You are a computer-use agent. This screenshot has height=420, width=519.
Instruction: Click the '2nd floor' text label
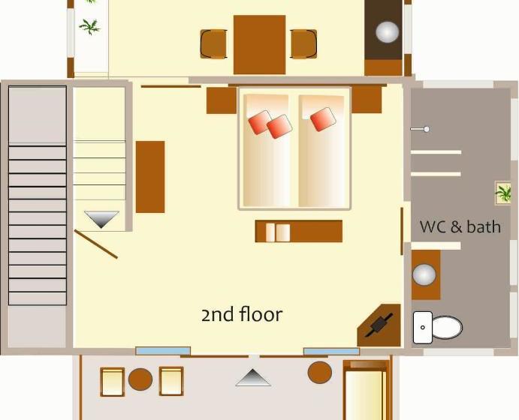click(242, 314)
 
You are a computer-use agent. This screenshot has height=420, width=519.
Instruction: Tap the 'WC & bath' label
click(460, 227)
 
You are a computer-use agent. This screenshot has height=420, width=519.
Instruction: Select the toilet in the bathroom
click(438, 328)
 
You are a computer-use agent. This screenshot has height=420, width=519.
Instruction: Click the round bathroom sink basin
click(424, 274)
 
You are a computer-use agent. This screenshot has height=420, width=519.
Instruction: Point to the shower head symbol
click(420, 129)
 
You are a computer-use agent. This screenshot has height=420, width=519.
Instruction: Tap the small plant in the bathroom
click(502, 193)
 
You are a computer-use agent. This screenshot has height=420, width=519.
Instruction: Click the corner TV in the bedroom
click(379, 325)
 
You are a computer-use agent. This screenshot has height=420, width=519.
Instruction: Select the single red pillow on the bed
click(323, 119)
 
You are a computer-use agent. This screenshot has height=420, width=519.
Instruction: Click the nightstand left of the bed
click(222, 100)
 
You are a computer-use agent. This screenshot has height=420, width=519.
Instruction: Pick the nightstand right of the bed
click(367, 100)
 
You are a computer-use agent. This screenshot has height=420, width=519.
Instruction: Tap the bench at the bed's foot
click(299, 231)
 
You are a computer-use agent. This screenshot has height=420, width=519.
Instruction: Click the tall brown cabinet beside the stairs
click(150, 177)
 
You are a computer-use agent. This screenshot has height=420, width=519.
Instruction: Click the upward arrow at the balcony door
click(253, 377)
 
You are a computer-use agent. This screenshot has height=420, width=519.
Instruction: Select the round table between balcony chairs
click(140, 379)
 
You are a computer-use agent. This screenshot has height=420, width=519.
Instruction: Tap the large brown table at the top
click(260, 44)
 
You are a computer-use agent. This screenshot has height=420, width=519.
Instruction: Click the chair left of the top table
click(213, 44)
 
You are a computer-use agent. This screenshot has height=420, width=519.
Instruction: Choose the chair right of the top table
click(304, 44)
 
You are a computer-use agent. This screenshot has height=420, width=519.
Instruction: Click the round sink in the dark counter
click(388, 32)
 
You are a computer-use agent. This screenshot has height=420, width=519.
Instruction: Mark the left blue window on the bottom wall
click(163, 351)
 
